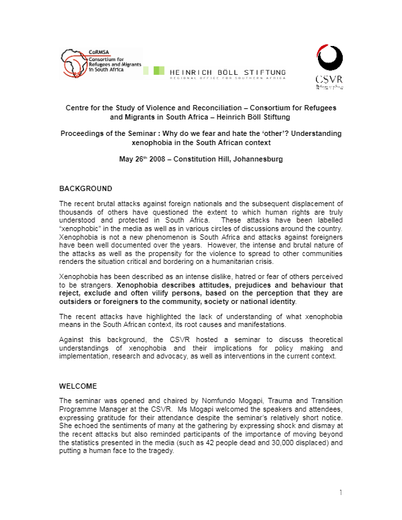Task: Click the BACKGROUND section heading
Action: point(81,188)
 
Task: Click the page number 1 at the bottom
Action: point(342,492)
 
